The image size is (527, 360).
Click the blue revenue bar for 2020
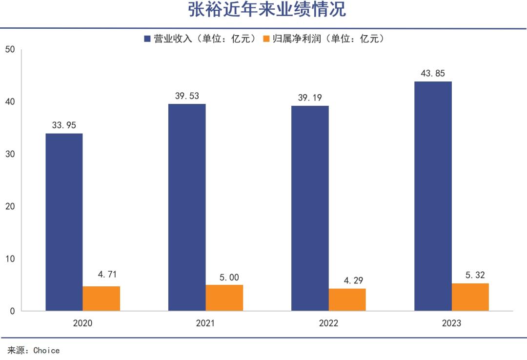point(64,222)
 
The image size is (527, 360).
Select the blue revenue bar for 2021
point(187,207)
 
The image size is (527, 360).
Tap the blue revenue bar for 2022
point(310,208)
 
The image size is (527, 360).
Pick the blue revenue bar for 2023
point(433,196)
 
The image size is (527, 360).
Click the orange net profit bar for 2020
point(101,299)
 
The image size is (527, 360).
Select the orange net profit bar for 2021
point(224,298)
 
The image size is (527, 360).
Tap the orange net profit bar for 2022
point(347,300)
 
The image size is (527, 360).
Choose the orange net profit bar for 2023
point(470,297)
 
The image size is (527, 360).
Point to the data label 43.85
point(433,74)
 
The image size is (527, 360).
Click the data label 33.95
point(64,125)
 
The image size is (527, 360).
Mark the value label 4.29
point(347,281)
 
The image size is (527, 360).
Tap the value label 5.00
point(224,277)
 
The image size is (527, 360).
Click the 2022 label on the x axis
point(328,323)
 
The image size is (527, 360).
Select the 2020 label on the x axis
point(82,323)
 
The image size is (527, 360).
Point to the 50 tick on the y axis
point(10,49)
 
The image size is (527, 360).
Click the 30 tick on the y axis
point(10,154)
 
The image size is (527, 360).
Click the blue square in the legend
point(147,39)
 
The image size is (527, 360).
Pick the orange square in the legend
point(266,39)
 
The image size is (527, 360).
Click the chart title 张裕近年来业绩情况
point(267,10)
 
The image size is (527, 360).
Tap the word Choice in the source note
point(46,350)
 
